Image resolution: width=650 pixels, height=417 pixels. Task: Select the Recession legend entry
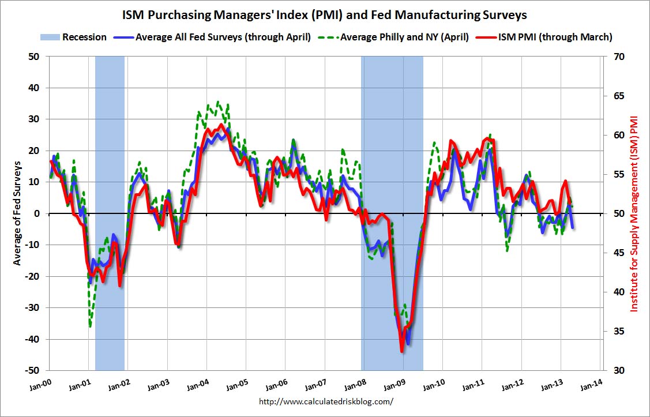tap(74, 37)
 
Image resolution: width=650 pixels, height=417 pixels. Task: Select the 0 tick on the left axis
tap(39, 213)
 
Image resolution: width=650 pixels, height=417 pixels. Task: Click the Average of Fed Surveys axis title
tap(17, 213)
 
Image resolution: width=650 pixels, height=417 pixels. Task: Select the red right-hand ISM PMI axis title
tap(635, 213)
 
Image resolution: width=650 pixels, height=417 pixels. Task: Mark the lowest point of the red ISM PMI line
tap(401, 351)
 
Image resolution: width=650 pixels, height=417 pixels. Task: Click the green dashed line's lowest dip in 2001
tap(91, 326)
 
